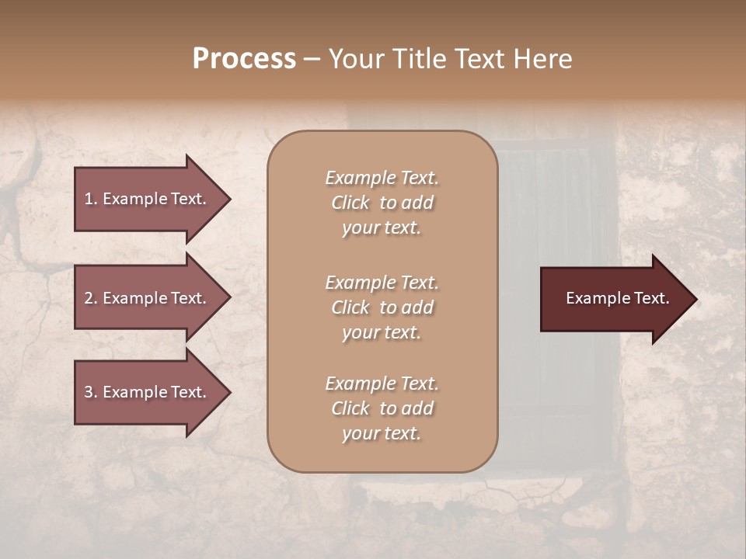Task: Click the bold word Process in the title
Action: coord(244,59)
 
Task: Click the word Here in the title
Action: coord(541,59)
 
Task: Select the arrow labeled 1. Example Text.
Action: coord(148,199)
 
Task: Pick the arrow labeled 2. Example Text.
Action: coord(148,298)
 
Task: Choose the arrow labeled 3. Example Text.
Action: coord(148,392)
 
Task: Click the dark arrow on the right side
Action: coord(614,299)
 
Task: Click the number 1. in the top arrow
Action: coord(91,199)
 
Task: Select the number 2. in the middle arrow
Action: coord(91,298)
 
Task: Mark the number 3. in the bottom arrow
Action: coord(91,392)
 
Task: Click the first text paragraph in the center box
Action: coord(382,203)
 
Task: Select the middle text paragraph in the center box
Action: coord(382,307)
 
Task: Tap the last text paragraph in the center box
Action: coord(382,408)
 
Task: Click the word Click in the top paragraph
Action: coord(350,203)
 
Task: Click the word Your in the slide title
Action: coord(353,59)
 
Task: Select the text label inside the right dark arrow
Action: coord(618,298)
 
